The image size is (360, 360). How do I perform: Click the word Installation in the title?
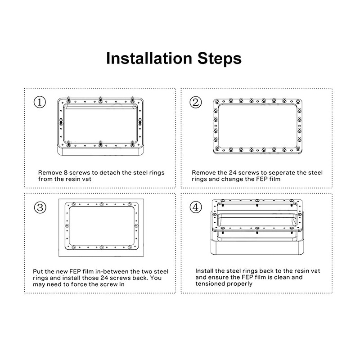click(x=149, y=58)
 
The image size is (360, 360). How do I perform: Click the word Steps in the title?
click(x=220, y=59)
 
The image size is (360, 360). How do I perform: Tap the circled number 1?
click(x=40, y=102)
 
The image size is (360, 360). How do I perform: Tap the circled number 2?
click(x=196, y=102)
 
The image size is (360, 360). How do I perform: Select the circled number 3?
click(x=40, y=207)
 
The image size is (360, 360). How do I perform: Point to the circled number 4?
click(x=196, y=207)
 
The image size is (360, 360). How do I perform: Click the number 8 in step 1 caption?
click(x=65, y=173)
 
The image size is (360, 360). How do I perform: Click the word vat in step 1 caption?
click(x=87, y=179)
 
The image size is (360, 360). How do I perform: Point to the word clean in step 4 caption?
click(x=282, y=277)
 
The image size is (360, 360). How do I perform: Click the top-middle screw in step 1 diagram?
click(x=100, y=99)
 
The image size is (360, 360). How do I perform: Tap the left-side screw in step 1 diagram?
click(x=61, y=121)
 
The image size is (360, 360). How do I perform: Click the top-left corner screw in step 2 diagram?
click(x=216, y=101)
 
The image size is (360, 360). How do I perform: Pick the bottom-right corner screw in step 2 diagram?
click(x=298, y=148)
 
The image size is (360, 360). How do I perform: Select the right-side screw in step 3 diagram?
click(x=136, y=226)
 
